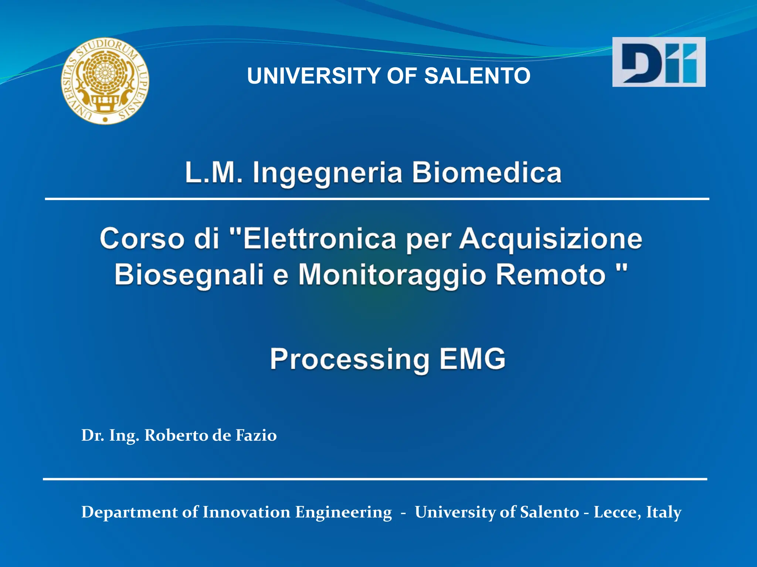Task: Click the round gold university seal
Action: [105, 80]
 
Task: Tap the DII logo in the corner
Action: [659, 62]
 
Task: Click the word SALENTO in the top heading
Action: [477, 76]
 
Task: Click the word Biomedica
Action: [486, 173]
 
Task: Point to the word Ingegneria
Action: [327, 173]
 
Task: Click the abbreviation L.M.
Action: [214, 173]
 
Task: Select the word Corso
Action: [142, 239]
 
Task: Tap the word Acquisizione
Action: [551, 240]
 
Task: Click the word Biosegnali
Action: [189, 275]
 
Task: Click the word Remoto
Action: [551, 275]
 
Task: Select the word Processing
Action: [350, 359]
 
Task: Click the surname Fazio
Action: [256, 435]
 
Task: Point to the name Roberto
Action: [177, 435]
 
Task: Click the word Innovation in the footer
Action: [246, 512]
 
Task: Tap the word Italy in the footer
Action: [663, 513]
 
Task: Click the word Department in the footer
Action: [129, 513]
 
